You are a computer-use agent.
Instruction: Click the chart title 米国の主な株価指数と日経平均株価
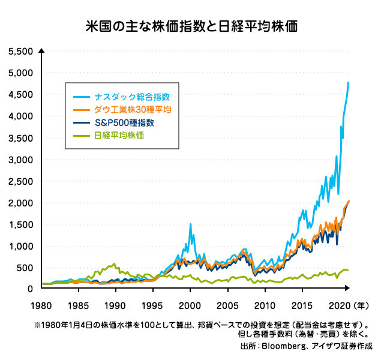pos(192,27)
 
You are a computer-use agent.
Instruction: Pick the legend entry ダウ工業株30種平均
pos(133,109)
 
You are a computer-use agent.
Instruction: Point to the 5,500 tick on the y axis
pos(21,52)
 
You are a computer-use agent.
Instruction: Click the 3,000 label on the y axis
pos(21,160)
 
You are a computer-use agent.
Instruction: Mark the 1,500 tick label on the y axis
pos(21,224)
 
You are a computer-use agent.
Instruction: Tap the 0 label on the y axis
pos(29,289)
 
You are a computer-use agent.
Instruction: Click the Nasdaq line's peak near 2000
pos(191,224)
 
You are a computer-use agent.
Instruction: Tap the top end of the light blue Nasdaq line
pos(349,82)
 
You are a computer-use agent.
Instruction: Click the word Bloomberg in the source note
pos(283,346)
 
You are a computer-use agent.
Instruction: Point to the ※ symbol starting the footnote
pos(38,326)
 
